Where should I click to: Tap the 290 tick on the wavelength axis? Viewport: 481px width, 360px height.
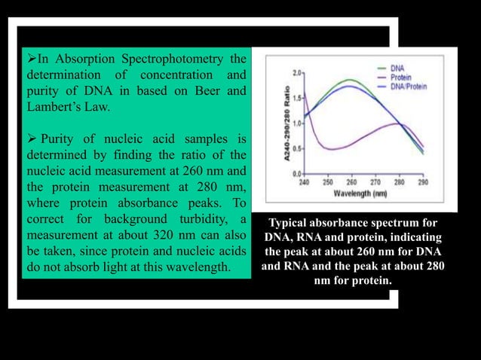tap(422, 182)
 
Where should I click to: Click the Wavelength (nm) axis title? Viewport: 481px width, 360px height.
tap(360, 193)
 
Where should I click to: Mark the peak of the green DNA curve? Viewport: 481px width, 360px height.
tap(349, 80)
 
